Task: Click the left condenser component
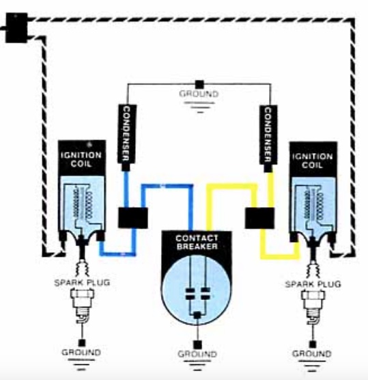pyautogui.click(x=126, y=137)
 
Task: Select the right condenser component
pyautogui.click(x=268, y=137)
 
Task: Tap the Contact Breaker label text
pyautogui.click(x=197, y=242)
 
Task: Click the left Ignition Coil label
pyautogui.click(x=81, y=159)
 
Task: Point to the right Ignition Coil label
pyautogui.click(x=312, y=161)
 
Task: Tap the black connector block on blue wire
pyautogui.click(x=132, y=217)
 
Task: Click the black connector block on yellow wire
pyautogui.click(x=259, y=218)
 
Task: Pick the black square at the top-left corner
pyautogui.click(x=16, y=28)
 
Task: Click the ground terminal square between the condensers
pyautogui.click(x=199, y=85)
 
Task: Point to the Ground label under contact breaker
pyautogui.click(x=197, y=354)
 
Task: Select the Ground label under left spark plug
pyautogui.click(x=81, y=352)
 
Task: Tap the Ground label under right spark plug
pyautogui.click(x=312, y=354)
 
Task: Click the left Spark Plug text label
pyautogui.click(x=82, y=282)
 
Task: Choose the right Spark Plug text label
pyautogui.click(x=313, y=284)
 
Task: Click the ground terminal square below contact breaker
pyautogui.click(x=197, y=344)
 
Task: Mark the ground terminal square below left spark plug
pyautogui.click(x=82, y=343)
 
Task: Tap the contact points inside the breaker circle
pyautogui.click(x=197, y=293)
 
